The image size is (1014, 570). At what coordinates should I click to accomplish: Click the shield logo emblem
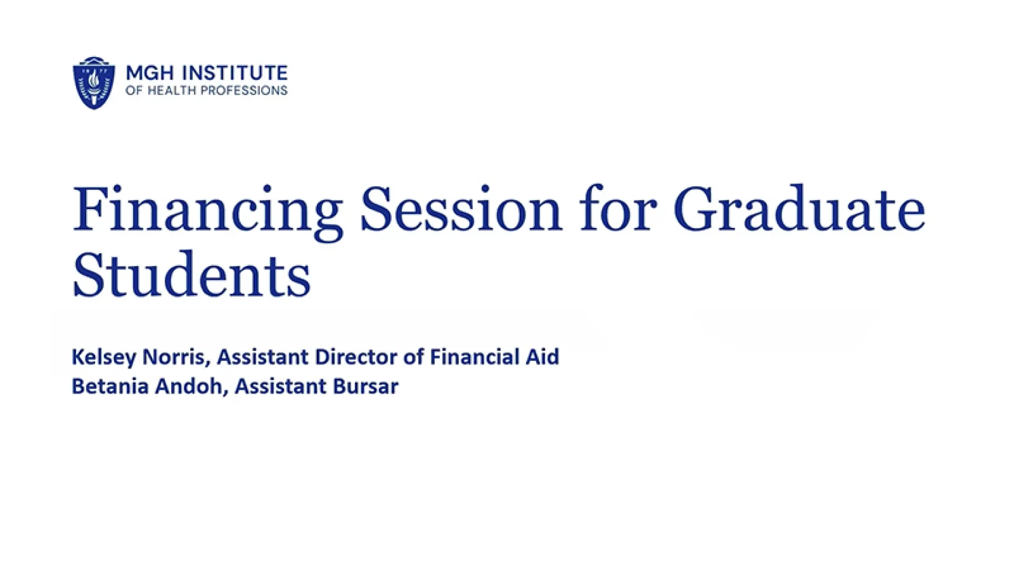point(93,83)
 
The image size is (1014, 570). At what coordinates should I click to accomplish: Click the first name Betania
point(110,387)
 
